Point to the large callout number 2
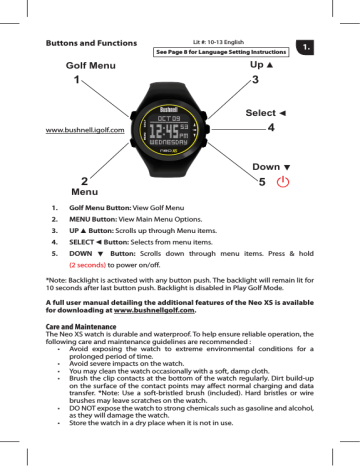click(71, 180)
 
